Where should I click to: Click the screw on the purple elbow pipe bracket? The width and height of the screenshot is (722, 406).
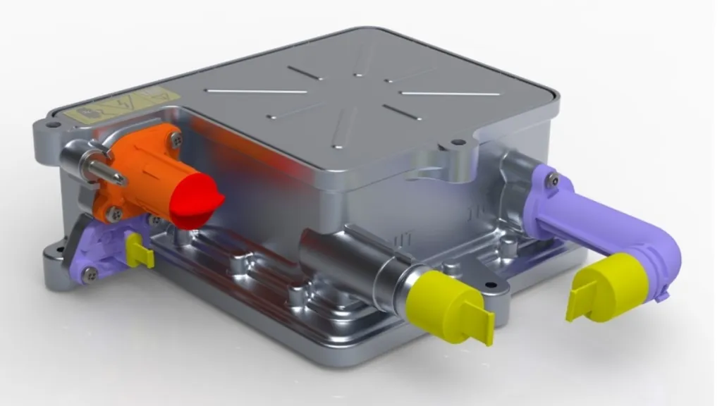tap(556, 181)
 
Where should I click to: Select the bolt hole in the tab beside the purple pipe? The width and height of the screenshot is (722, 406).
tap(460, 142)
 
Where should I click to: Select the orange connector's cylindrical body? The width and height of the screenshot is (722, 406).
tap(152, 176)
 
